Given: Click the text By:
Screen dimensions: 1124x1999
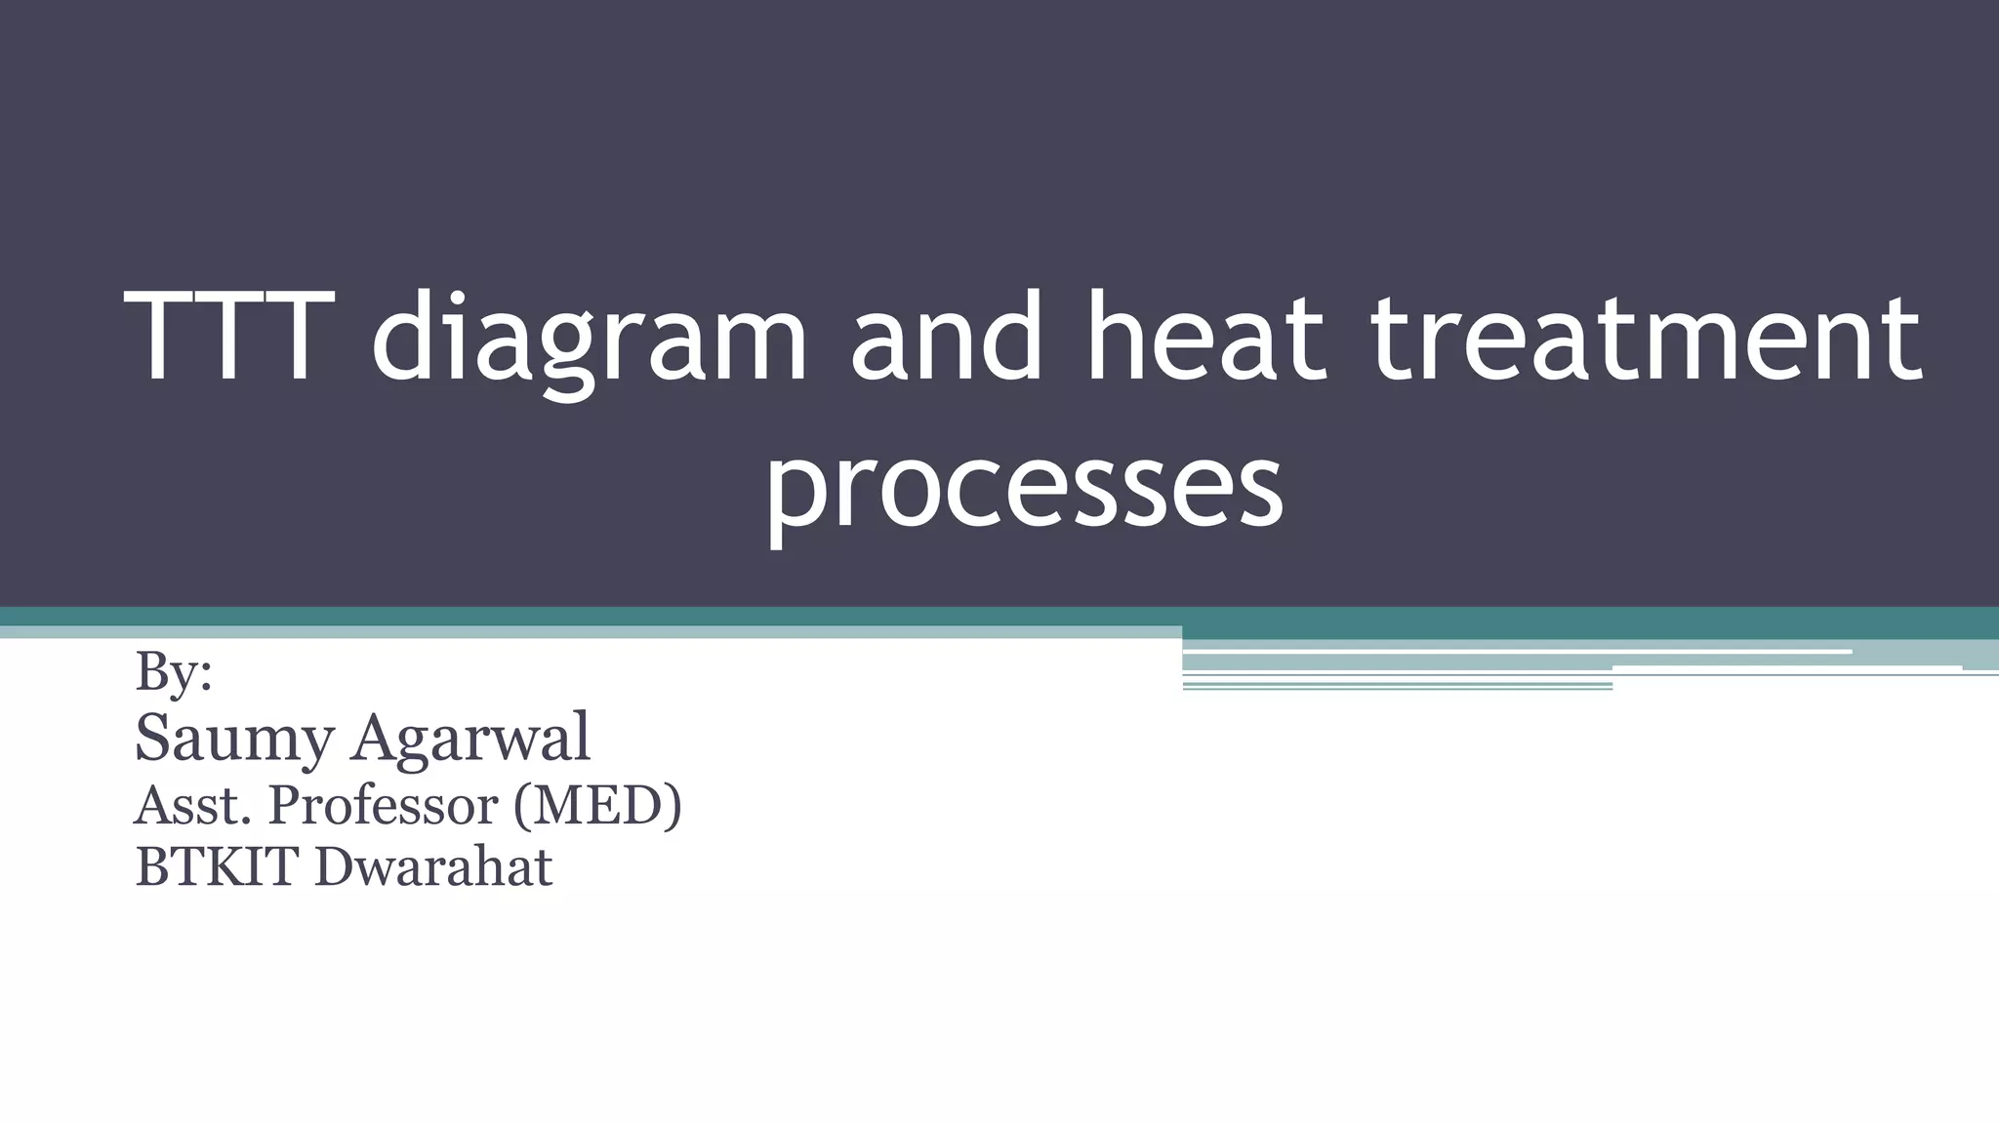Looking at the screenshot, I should click(x=174, y=671).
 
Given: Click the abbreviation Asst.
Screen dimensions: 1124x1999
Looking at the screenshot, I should click(x=193, y=806).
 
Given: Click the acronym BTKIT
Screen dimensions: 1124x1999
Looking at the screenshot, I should click(x=216, y=866).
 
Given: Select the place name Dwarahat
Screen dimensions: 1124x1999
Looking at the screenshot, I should click(x=433, y=866).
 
